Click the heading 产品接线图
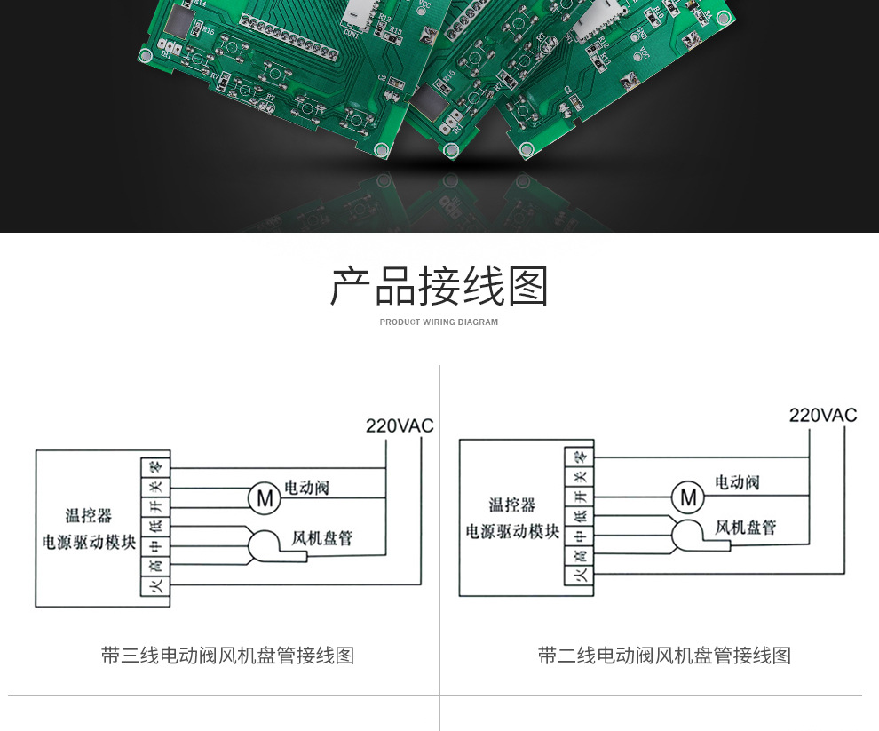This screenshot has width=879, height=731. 439,286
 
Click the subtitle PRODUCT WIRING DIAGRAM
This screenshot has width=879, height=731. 439,322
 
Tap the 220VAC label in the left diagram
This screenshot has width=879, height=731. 400,426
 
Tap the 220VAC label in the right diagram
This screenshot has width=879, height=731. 823,416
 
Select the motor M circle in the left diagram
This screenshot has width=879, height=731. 264,498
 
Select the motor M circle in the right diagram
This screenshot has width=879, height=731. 687,497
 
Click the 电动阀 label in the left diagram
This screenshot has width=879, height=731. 306,488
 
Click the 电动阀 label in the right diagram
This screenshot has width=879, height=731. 737,482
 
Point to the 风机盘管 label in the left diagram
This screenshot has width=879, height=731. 322,538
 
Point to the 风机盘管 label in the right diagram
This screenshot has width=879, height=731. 746,528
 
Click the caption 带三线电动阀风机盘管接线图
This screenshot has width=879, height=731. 227,656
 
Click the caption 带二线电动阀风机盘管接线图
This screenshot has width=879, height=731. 664,656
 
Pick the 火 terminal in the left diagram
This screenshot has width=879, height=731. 155,586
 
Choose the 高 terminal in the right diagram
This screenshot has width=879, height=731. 579,556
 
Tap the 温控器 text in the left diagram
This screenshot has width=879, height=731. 89,516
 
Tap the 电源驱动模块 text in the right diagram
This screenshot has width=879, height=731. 513,532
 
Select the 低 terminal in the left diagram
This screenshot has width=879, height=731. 155,526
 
